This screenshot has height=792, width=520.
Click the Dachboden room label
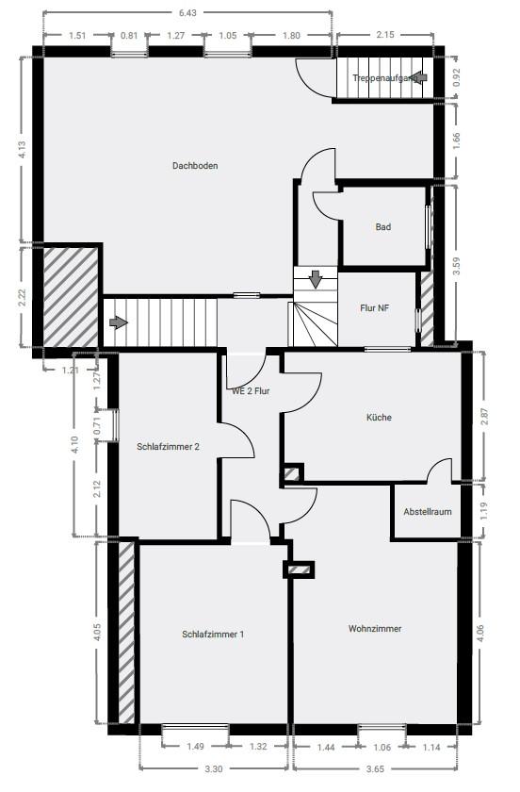[x=195, y=166]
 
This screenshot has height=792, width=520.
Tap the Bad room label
[x=382, y=227]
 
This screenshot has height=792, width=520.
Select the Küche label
[x=379, y=418]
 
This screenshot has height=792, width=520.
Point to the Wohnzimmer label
[x=375, y=628]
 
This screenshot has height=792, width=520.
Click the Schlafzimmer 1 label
[x=213, y=635]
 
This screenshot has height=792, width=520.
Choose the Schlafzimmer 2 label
[x=168, y=447]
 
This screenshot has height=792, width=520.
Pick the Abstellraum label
[x=428, y=512]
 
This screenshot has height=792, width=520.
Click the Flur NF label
[x=375, y=308]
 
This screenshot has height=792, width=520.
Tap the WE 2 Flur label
[x=252, y=390]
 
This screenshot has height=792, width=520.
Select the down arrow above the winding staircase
[x=316, y=279]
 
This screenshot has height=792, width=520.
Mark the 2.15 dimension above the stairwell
[x=384, y=35]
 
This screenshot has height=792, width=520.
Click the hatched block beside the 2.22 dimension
[x=71, y=294]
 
